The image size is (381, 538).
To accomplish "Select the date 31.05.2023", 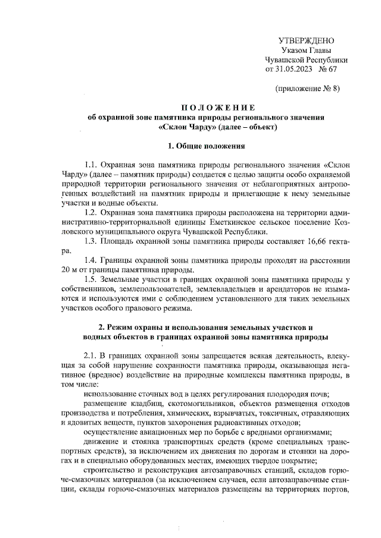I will click(x=294, y=69).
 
